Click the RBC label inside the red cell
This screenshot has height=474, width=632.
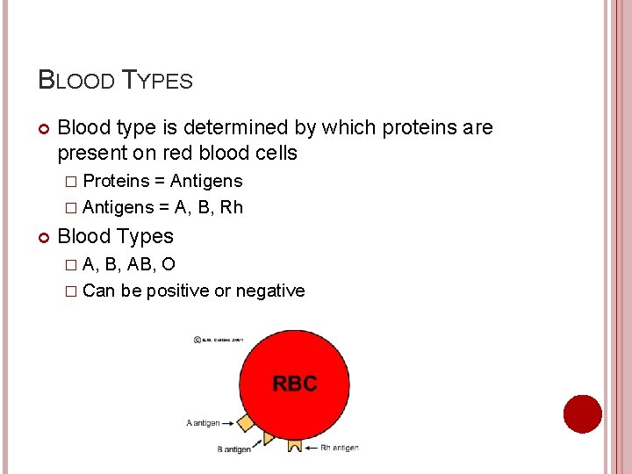point(294,384)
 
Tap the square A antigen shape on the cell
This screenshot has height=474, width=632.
point(246,423)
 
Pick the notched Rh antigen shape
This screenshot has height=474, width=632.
point(295,444)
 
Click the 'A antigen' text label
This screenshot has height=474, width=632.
point(203,423)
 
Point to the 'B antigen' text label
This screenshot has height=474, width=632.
point(233,449)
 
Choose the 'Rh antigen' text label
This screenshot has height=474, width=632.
point(340,448)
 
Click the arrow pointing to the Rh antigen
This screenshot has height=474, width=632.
point(312,448)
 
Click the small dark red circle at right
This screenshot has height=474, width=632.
point(582,413)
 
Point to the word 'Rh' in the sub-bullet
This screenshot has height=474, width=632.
point(233,208)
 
